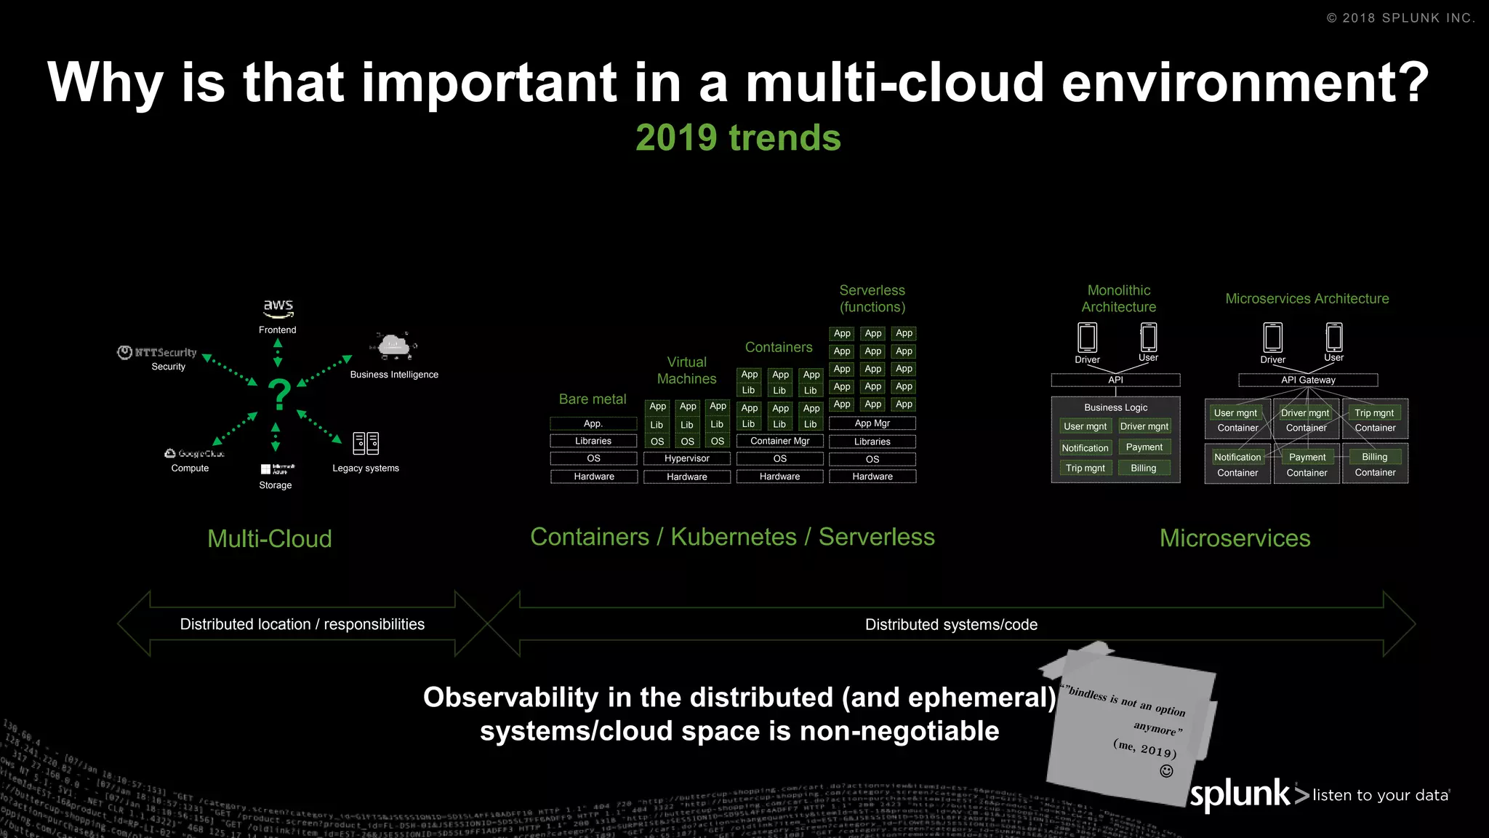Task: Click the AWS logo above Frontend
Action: (x=278, y=308)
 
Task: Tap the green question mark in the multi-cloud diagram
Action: (x=279, y=396)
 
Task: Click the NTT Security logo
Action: (x=158, y=353)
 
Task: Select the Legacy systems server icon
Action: (x=366, y=443)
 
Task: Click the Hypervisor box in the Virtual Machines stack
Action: (x=686, y=458)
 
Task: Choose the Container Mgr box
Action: (x=779, y=441)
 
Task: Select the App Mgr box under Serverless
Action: (x=872, y=423)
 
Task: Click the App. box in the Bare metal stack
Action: (x=593, y=423)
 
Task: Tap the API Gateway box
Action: (x=1307, y=380)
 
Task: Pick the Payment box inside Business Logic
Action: (x=1144, y=447)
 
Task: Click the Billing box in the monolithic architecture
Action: (x=1143, y=468)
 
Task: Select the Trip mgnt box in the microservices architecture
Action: (x=1373, y=413)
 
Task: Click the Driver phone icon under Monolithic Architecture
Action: (x=1087, y=338)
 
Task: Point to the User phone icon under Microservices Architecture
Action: (x=1333, y=337)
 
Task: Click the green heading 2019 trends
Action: (x=738, y=137)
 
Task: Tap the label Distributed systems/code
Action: (x=951, y=624)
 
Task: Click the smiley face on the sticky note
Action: (x=1166, y=771)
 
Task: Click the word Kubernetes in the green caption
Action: (x=734, y=537)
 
